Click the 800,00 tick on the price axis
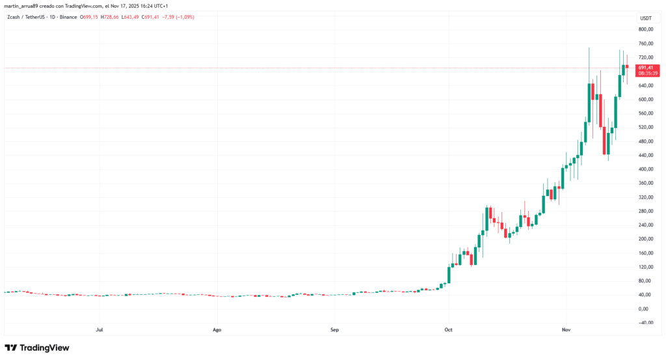(x=646, y=30)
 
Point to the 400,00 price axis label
(x=646, y=169)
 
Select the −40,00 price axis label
(x=646, y=322)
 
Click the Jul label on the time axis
(x=100, y=330)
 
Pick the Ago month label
(x=217, y=330)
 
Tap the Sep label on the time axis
(x=334, y=330)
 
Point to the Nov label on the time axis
(x=565, y=330)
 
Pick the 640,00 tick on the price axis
(x=646, y=86)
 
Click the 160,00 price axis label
(x=646, y=253)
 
